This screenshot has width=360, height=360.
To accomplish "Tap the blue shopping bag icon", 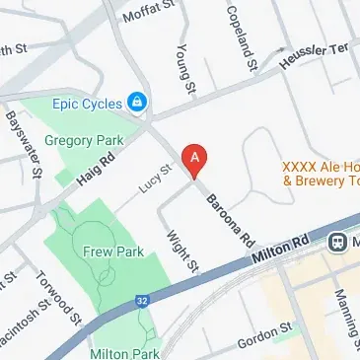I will pyautogui.click(x=138, y=102).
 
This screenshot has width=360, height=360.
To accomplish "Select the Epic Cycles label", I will pyautogui.click(x=87, y=102).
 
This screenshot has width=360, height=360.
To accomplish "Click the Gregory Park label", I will pyautogui.click(x=82, y=142).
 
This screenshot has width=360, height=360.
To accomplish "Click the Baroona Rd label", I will pyautogui.click(x=230, y=219).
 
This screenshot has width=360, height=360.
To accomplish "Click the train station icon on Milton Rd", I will pyautogui.click(x=337, y=241).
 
